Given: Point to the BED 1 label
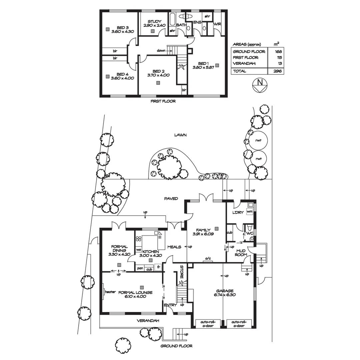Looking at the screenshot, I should (x=203, y=63).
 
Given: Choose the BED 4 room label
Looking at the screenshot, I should (x=123, y=74).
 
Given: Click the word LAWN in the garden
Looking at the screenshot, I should (x=180, y=135).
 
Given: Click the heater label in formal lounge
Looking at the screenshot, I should (x=110, y=292).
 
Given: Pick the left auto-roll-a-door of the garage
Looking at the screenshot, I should (x=208, y=324).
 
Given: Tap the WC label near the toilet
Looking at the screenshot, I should (x=249, y=233).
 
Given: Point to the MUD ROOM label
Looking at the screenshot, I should (x=241, y=253).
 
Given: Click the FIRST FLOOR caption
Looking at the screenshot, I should (x=163, y=101).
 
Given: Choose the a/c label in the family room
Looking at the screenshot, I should (x=208, y=258).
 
